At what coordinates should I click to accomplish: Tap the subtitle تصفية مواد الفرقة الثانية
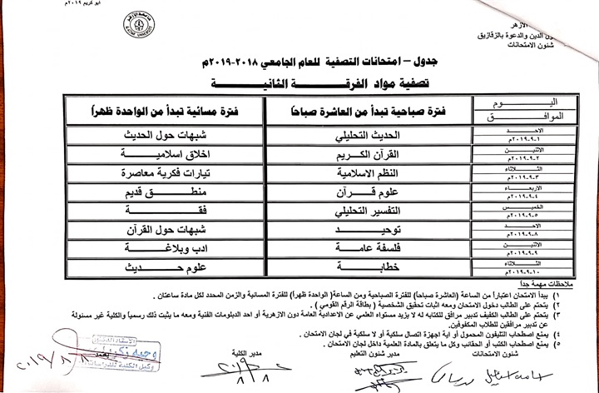coord(279,82)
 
